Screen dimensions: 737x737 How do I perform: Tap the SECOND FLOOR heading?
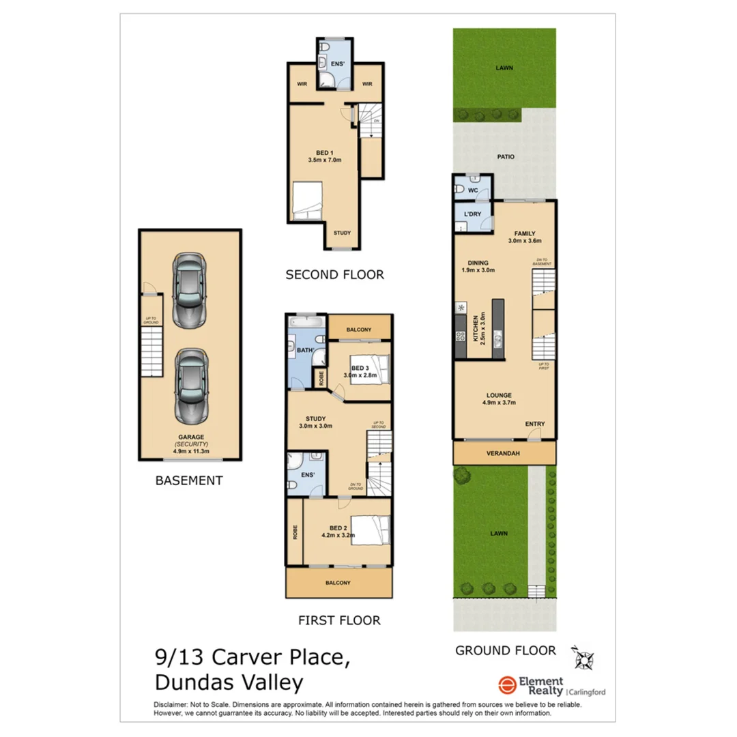[334, 275]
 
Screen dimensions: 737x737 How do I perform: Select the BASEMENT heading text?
[189, 480]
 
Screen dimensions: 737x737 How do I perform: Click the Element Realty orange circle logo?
[506, 685]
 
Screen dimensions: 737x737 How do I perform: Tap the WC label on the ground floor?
[472, 190]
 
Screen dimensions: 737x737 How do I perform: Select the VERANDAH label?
[504, 453]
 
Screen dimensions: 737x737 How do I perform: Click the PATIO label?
[506, 156]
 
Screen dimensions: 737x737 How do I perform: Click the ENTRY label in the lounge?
[535, 424]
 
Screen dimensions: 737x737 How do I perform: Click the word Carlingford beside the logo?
[588, 692]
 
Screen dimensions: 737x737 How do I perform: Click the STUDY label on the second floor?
[342, 233]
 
